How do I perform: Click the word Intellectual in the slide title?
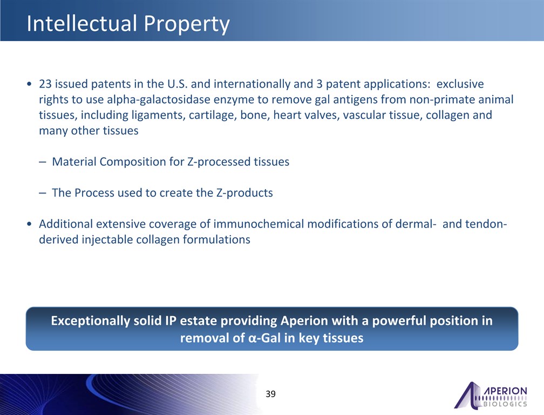[82, 23]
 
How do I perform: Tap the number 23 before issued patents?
[45, 84]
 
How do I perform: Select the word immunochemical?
[259, 224]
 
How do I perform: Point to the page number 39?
[270, 394]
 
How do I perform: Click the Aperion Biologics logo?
[491, 395]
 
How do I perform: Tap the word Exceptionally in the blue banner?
[90, 321]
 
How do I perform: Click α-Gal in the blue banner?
[264, 338]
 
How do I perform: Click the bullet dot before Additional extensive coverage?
[29, 224]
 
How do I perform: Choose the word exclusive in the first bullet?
[460, 84]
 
